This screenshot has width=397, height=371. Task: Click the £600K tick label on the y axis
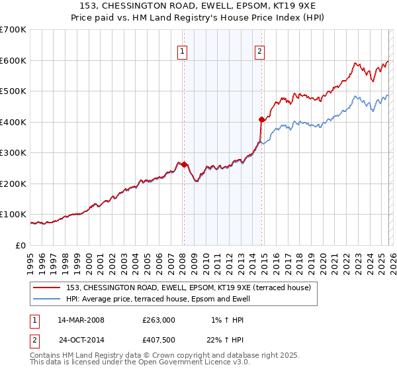coord(13,60)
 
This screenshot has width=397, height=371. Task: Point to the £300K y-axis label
coord(13,153)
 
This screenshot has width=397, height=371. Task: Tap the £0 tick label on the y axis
coord(22,246)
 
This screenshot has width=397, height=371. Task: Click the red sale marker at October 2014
coord(261,119)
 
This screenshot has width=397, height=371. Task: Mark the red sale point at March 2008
coord(184,164)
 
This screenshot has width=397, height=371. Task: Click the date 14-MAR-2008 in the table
coord(81,320)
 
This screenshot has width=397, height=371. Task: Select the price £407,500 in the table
coord(159,339)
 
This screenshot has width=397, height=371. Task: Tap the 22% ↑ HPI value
coord(225,339)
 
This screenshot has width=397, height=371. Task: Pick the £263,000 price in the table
coord(159,320)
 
